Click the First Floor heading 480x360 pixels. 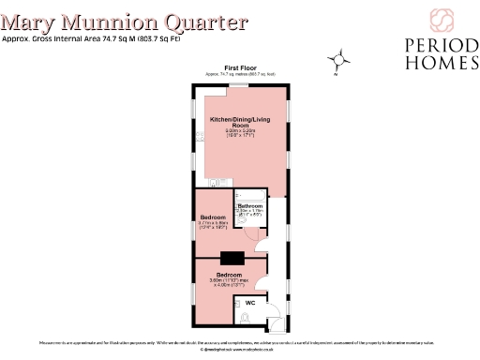tap(240, 67)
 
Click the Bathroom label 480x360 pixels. tap(250, 205)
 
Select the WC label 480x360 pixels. tap(250, 303)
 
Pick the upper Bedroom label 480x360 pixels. tap(213, 217)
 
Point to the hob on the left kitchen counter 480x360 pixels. tap(199, 137)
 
